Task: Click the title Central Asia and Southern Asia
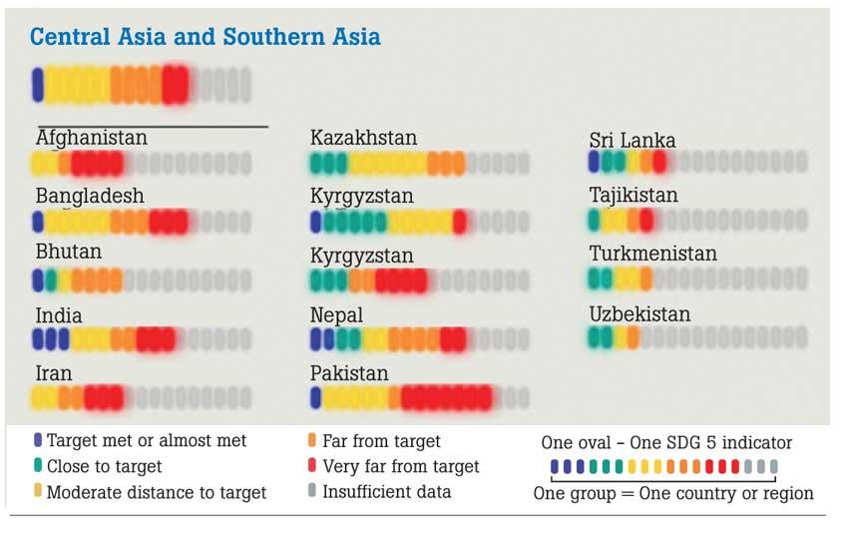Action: tap(205, 38)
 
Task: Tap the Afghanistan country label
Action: tap(92, 138)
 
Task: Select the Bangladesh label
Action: tap(90, 196)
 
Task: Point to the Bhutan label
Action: tap(69, 252)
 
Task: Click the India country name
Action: tap(59, 315)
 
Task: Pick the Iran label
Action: tap(54, 373)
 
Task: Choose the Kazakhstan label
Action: tap(363, 138)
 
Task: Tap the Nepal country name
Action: tap(336, 315)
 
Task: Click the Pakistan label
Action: tap(349, 373)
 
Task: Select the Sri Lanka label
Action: tap(633, 141)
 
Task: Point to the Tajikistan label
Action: tap(634, 196)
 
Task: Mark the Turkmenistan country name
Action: tap(652, 254)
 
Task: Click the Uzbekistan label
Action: tap(639, 314)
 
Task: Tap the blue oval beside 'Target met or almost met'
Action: tap(38, 440)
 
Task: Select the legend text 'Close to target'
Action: tap(104, 466)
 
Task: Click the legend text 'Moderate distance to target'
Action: tap(157, 492)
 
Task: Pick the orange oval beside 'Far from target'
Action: tap(313, 440)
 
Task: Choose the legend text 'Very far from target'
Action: tap(401, 466)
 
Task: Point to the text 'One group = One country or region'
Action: tap(673, 493)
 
